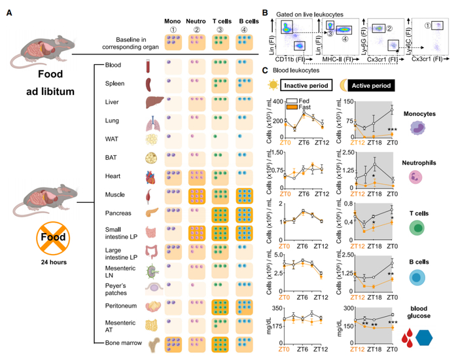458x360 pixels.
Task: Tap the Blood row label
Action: (113, 65)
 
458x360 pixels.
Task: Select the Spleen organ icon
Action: (149, 84)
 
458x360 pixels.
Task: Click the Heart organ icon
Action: (150, 176)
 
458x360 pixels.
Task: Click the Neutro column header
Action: (198, 20)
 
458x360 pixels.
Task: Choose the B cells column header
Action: (255, 20)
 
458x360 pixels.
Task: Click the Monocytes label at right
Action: (417, 113)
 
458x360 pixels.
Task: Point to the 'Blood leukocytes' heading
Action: (295, 71)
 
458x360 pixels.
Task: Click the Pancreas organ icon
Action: (150, 213)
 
